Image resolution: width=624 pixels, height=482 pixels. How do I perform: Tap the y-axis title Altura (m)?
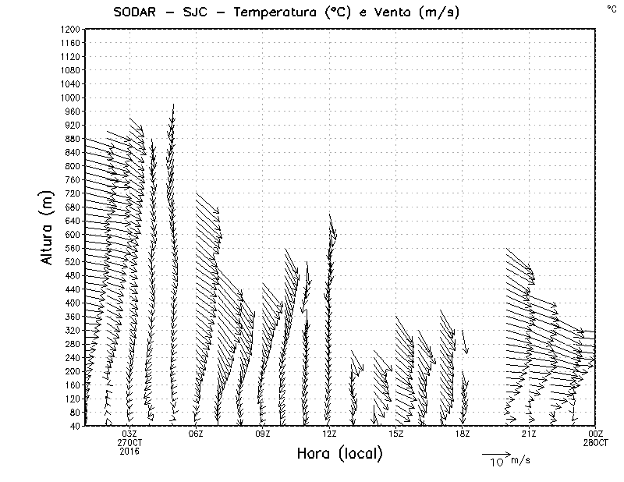click(x=48, y=227)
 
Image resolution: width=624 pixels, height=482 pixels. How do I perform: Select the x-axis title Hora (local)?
click(x=339, y=453)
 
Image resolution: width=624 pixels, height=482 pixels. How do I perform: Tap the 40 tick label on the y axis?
click(x=75, y=426)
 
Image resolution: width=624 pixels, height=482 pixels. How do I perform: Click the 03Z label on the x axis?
click(x=129, y=434)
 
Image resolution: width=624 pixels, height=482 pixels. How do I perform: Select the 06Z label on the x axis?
click(x=196, y=434)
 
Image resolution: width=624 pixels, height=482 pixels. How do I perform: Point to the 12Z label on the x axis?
click(x=329, y=434)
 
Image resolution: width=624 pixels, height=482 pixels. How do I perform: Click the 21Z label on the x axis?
click(x=529, y=434)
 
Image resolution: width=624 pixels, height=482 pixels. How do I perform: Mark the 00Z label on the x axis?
click(x=595, y=434)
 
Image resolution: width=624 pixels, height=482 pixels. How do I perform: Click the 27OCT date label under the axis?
click(x=129, y=442)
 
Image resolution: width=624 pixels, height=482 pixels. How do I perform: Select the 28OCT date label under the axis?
click(x=595, y=442)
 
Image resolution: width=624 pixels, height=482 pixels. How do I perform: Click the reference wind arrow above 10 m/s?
click(x=495, y=453)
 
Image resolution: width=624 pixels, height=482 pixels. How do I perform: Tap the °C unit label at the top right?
click(x=611, y=8)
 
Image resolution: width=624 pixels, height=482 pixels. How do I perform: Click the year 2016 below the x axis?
click(x=129, y=451)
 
